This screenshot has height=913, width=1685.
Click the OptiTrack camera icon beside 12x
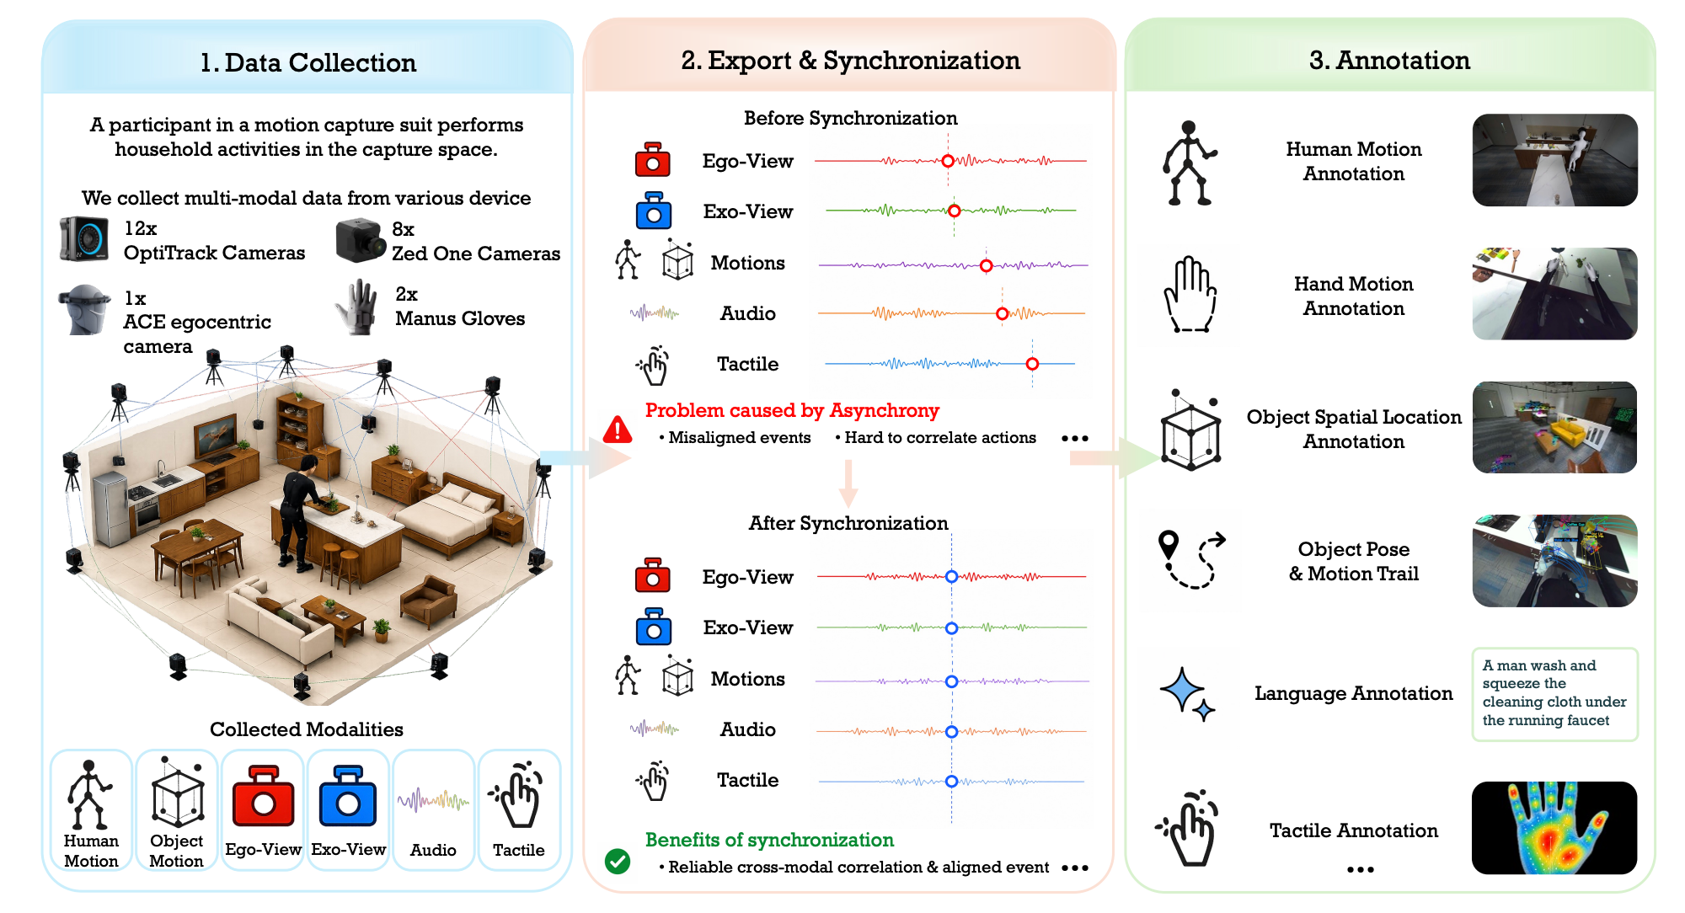point(84,239)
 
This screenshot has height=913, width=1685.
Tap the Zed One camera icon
point(361,240)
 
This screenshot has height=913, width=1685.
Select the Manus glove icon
point(358,307)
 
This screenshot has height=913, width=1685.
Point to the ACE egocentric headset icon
point(84,309)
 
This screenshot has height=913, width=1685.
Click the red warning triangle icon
point(618,430)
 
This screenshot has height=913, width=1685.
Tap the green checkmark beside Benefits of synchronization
point(618,861)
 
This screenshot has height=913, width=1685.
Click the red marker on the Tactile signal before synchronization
point(1032,364)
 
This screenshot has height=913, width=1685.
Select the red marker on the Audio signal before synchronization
point(1002,314)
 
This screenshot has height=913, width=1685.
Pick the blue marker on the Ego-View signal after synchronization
point(951,577)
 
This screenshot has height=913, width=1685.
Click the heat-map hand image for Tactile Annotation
point(1554,827)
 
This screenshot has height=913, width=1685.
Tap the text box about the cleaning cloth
point(1554,694)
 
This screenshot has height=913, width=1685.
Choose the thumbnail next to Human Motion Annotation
point(1554,160)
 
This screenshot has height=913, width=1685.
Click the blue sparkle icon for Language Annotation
point(1187,694)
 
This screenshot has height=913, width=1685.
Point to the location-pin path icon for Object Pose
point(1191,559)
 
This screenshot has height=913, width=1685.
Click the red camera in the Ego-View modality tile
point(263,795)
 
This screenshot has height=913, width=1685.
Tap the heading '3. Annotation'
point(1389,60)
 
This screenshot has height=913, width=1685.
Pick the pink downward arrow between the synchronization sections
point(848,483)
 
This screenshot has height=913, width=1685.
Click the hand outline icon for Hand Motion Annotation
point(1190,295)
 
